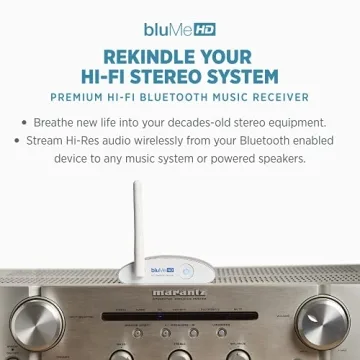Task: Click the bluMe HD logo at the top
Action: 179,30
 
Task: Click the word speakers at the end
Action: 279,159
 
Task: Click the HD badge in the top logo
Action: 204,30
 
